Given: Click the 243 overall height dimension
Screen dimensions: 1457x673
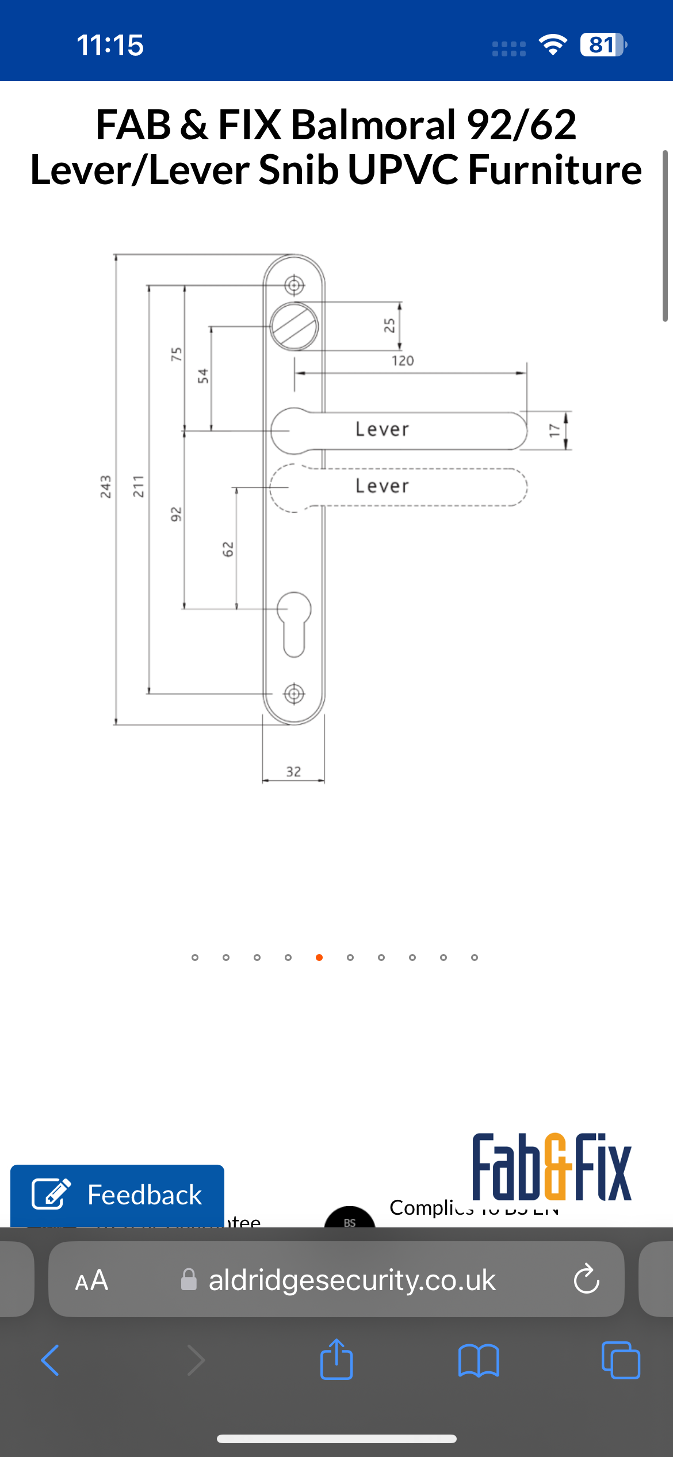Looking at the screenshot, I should pos(106,487).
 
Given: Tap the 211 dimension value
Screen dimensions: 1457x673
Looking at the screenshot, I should pos(139,487).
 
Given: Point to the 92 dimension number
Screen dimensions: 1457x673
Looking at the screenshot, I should pos(176,514).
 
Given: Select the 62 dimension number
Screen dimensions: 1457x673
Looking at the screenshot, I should pos(228,549).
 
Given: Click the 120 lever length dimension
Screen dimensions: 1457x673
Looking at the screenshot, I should pos(403,361).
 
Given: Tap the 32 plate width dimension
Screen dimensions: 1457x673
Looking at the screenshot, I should pos(293,772).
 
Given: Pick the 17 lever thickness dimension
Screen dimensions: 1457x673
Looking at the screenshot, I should pos(554,430).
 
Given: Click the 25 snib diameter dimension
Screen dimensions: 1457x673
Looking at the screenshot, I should pos(389,326).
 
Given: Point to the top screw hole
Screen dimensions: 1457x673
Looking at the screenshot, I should pos(295,284).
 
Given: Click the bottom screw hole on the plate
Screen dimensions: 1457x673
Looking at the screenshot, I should pos(295,693).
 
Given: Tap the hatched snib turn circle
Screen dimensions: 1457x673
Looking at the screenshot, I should pos(295,326).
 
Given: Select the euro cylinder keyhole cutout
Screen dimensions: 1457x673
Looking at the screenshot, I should pos(294,623).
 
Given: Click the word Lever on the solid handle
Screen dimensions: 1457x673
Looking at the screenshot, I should pos(382,429).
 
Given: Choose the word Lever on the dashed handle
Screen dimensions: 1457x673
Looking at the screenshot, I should pos(382,486).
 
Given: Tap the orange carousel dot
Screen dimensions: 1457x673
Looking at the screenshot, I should pos(319,958).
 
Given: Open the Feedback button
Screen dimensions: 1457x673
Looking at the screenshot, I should pos(117,1195).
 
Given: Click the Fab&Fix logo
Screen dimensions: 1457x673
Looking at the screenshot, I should pos(552,1167).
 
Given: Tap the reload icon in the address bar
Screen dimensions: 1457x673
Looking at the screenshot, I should pos(586,1279).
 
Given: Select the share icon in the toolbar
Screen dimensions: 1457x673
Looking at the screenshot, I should pos(336,1360).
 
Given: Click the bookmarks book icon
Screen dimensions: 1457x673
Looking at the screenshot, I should pos(479,1360).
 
